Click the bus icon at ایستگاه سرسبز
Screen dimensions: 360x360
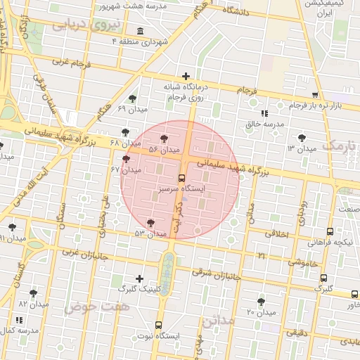click(x=182, y=179)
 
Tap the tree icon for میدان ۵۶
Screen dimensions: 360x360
click(x=165, y=139)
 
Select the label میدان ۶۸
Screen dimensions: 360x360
click(x=121, y=143)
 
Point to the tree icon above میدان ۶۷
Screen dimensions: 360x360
click(x=127, y=160)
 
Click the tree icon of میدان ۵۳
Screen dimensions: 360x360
click(x=151, y=222)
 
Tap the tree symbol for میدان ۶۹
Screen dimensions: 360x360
click(x=133, y=98)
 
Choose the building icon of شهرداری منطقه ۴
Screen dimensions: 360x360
click(x=141, y=32)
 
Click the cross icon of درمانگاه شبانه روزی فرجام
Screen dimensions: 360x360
click(x=186, y=76)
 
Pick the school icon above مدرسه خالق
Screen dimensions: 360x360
click(x=264, y=113)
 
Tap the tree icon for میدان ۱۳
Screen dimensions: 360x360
click(x=302, y=138)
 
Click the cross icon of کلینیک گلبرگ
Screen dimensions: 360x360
click(x=139, y=278)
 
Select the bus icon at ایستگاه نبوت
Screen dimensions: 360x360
click(x=158, y=326)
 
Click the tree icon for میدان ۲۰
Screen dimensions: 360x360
click(x=262, y=302)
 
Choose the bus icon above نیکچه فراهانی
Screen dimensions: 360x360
click(x=330, y=231)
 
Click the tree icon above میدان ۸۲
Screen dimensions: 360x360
click(x=33, y=293)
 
